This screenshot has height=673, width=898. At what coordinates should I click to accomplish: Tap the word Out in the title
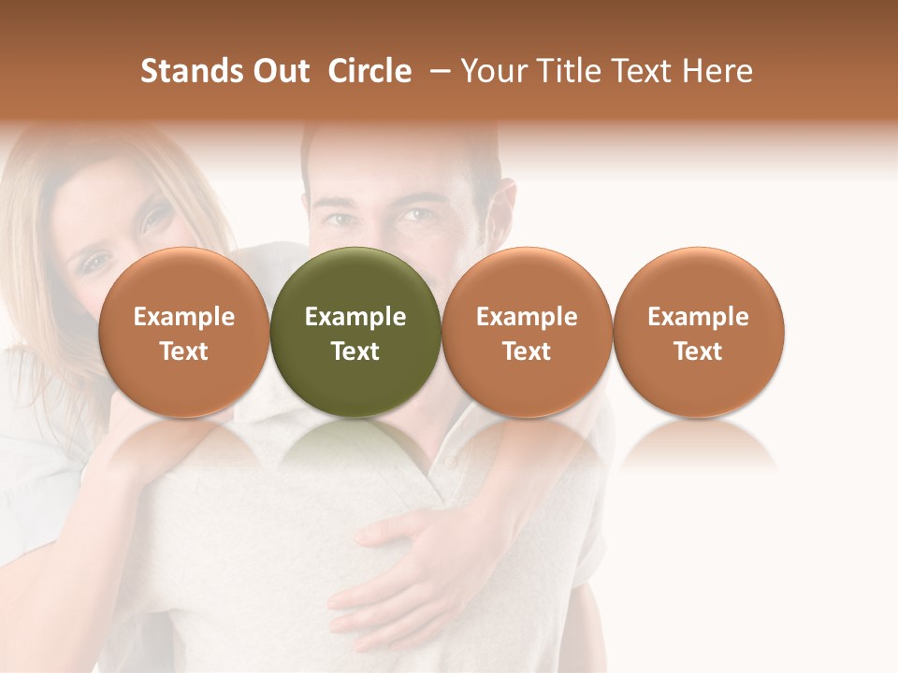tap(280, 71)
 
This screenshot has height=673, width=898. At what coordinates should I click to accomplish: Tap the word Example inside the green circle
tap(355, 317)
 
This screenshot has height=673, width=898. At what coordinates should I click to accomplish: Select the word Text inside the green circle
tap(355, 351)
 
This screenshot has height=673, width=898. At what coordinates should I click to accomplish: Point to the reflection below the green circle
tap(355, 445)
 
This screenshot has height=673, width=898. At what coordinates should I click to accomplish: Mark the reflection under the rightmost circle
tap(698, 445)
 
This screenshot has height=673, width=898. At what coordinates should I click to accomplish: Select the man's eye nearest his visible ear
tap(418, 216)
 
